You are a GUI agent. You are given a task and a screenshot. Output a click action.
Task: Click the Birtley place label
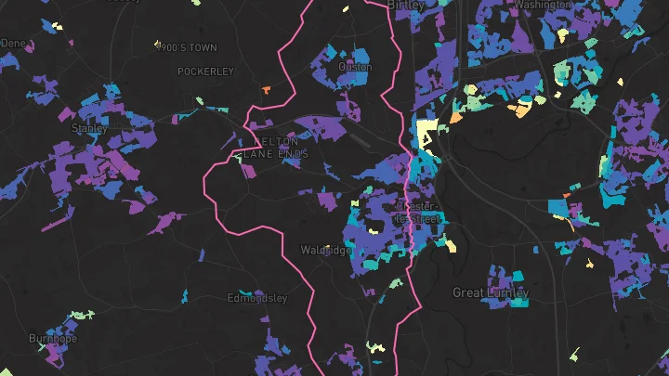405,6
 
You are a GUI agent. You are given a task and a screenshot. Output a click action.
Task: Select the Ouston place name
356,67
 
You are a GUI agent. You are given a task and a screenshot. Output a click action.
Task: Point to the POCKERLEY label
205,71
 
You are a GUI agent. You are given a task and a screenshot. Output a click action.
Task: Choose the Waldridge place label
326,251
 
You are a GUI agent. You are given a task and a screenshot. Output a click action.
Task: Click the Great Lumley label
491,292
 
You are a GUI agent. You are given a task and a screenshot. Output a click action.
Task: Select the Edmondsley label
257,299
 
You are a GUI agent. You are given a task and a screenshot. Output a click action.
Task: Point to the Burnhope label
51,338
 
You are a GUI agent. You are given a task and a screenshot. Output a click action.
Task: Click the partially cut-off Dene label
13,43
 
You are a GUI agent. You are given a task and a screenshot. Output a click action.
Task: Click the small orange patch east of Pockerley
266,90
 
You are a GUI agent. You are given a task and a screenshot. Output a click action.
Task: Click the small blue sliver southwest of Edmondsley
185,296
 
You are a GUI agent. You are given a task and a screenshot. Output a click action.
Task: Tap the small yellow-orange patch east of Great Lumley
589,264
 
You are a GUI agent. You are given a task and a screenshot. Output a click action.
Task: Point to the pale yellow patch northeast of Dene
58,26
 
